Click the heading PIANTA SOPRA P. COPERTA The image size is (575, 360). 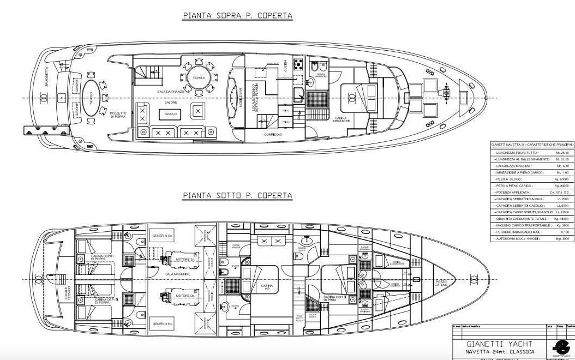[237, 16]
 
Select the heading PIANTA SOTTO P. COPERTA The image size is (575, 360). [237, 195]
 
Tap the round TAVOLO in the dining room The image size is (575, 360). [199, 79]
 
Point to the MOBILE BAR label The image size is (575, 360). [239, 98]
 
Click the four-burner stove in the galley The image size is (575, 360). [298, 64]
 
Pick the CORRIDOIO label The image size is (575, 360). [273, 134]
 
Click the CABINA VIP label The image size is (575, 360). [267, 287]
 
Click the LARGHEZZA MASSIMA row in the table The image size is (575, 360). [532, 165]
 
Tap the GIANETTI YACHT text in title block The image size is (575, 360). [492, 344]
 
